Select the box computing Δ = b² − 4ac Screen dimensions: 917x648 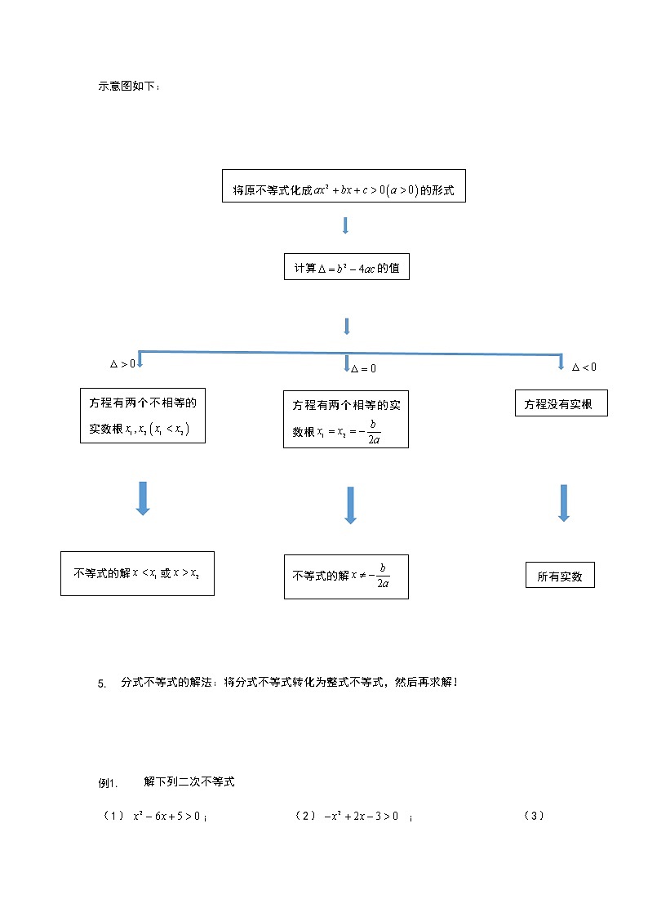click(346, 267)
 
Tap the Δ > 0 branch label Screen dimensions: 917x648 click(122, 364)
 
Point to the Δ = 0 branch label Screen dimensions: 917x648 click(363, 369)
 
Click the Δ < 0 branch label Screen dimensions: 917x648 click(584, 367)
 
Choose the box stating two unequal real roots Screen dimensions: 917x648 click(143, 415)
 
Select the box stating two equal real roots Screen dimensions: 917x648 click(345, 419)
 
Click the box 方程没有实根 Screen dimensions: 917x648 click(561, 403)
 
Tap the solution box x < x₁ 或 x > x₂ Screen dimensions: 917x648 click(137, 573)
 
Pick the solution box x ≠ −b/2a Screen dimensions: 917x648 click(346, 576)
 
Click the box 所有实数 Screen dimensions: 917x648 click(560, 576)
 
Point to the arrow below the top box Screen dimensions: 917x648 click(345, 225)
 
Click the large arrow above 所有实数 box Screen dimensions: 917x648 click(563, 502)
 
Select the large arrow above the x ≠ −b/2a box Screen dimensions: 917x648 click(351, 505)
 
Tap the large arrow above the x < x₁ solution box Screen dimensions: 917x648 click(143, 498)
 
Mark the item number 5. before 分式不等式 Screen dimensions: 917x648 click(102, 684)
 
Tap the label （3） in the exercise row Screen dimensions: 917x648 click(534, 815)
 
